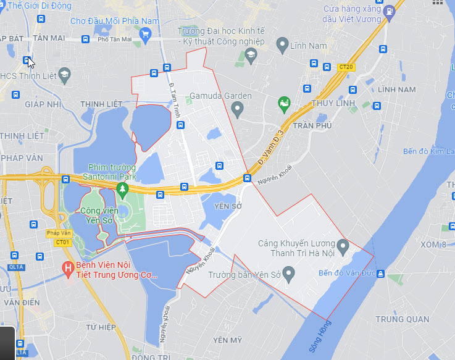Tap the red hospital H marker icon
(68, 269)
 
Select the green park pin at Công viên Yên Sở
(122, 188)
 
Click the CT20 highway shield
(346, 67)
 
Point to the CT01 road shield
(62, 243)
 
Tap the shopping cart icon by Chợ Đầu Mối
(146, 35)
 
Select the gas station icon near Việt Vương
(389, 10)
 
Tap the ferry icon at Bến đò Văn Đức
(382, 274)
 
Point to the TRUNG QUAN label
(402, 319)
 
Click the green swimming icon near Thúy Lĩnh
(284, 103)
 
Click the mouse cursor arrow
(30, 62)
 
